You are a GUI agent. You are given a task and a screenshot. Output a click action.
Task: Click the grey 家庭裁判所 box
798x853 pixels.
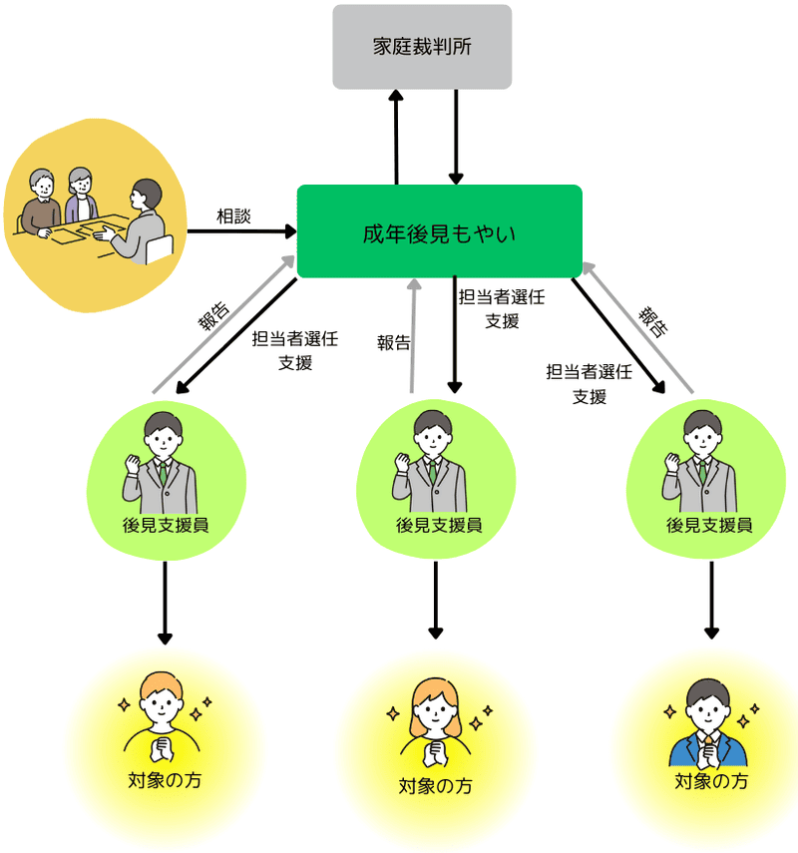coord(422,47)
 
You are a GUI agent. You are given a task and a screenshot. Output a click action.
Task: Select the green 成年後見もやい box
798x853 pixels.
coord(439,231)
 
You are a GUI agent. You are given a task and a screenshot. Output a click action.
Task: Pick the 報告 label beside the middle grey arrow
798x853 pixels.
coord(393,343)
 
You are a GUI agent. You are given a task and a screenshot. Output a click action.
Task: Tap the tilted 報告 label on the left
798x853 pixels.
coord(213,318)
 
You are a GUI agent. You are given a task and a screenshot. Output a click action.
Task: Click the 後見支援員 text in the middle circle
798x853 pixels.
coord(439,525)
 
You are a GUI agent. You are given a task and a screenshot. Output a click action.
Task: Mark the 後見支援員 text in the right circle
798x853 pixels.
coord(709,525)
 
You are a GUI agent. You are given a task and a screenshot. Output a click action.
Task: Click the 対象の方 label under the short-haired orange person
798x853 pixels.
coord(166,779)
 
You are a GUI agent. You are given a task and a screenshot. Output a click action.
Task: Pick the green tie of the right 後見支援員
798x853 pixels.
coord(704,474)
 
